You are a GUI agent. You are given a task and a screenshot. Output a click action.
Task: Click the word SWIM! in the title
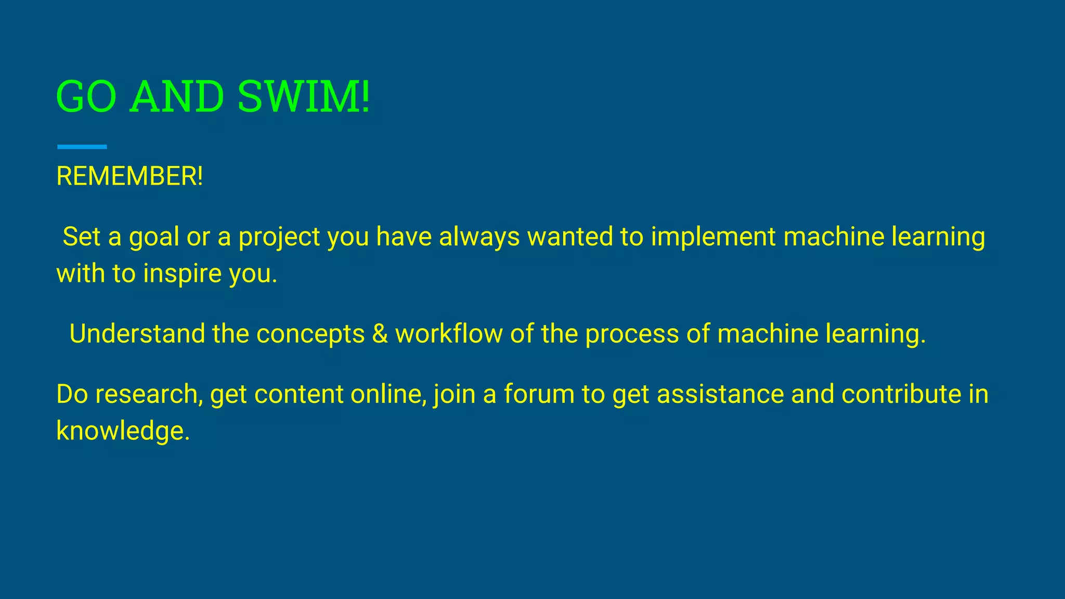(304, 97)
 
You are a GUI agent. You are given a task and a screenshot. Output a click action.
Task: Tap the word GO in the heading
(86, 97)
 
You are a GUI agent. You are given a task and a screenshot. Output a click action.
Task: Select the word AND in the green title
(177, 97)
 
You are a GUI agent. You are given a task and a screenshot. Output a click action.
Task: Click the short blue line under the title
(82, 147)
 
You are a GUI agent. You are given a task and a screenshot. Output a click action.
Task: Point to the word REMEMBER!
(129, 176)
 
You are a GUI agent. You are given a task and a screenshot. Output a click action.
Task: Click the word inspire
(183, 274)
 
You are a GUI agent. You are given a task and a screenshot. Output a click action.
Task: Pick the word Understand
(137, 333)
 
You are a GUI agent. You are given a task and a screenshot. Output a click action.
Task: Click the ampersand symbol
(380, 334)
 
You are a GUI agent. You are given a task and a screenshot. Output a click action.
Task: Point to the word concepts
(310, 334)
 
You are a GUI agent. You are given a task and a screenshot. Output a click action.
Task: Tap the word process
(632, 334)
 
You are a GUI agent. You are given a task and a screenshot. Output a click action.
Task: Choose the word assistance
(720, 394)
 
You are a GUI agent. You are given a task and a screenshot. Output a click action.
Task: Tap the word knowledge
(123, 431)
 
